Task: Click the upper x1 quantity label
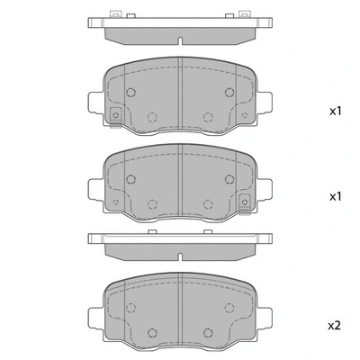click(335, 112)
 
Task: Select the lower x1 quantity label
click(335, 196)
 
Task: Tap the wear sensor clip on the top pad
click(116, 115)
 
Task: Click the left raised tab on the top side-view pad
click(113, 14)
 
